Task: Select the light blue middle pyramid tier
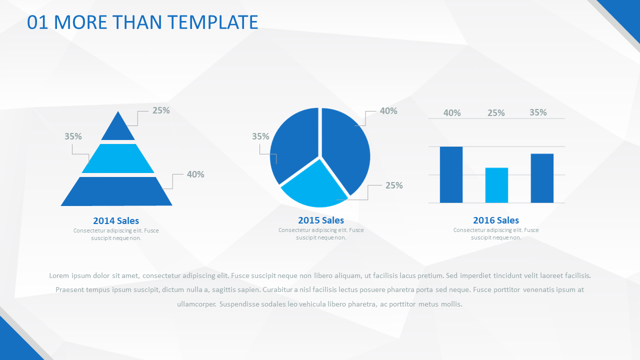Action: pyautogui.click(x=118, y=158)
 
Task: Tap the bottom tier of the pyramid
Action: pyautogui.click(x=116, y=191)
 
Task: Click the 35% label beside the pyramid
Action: pyautogui.click(x=73, y=136)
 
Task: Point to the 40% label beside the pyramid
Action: pyautogui.click(x=195, y=174)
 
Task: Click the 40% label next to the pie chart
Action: pyautogui.click(x=388, y=111)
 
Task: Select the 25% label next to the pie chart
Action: pyautogui.click(x=394, y=185)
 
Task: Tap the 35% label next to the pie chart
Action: pyautogui.click(x=260, y=136)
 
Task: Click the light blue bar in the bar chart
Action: pyautogui.click(x=496, y=185)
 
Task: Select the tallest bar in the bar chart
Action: pyautogui.click(x=451, y=174)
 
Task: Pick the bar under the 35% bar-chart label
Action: pyautogui.click(x=542, y=178)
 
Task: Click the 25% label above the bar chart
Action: pyautogui.click(x=496, y=113)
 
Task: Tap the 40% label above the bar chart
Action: pyautogui.click(x=452, y=113)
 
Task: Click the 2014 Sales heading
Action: pyautogui.click(x=116, y=220)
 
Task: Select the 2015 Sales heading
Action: pyautogui.click(x=321, y=220)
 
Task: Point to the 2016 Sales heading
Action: pyautogui.click(x=496, y=220)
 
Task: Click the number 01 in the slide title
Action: pyautogui.click(x=37, y=22)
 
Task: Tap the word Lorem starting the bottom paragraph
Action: pyautogui.click(x=59, y=275)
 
